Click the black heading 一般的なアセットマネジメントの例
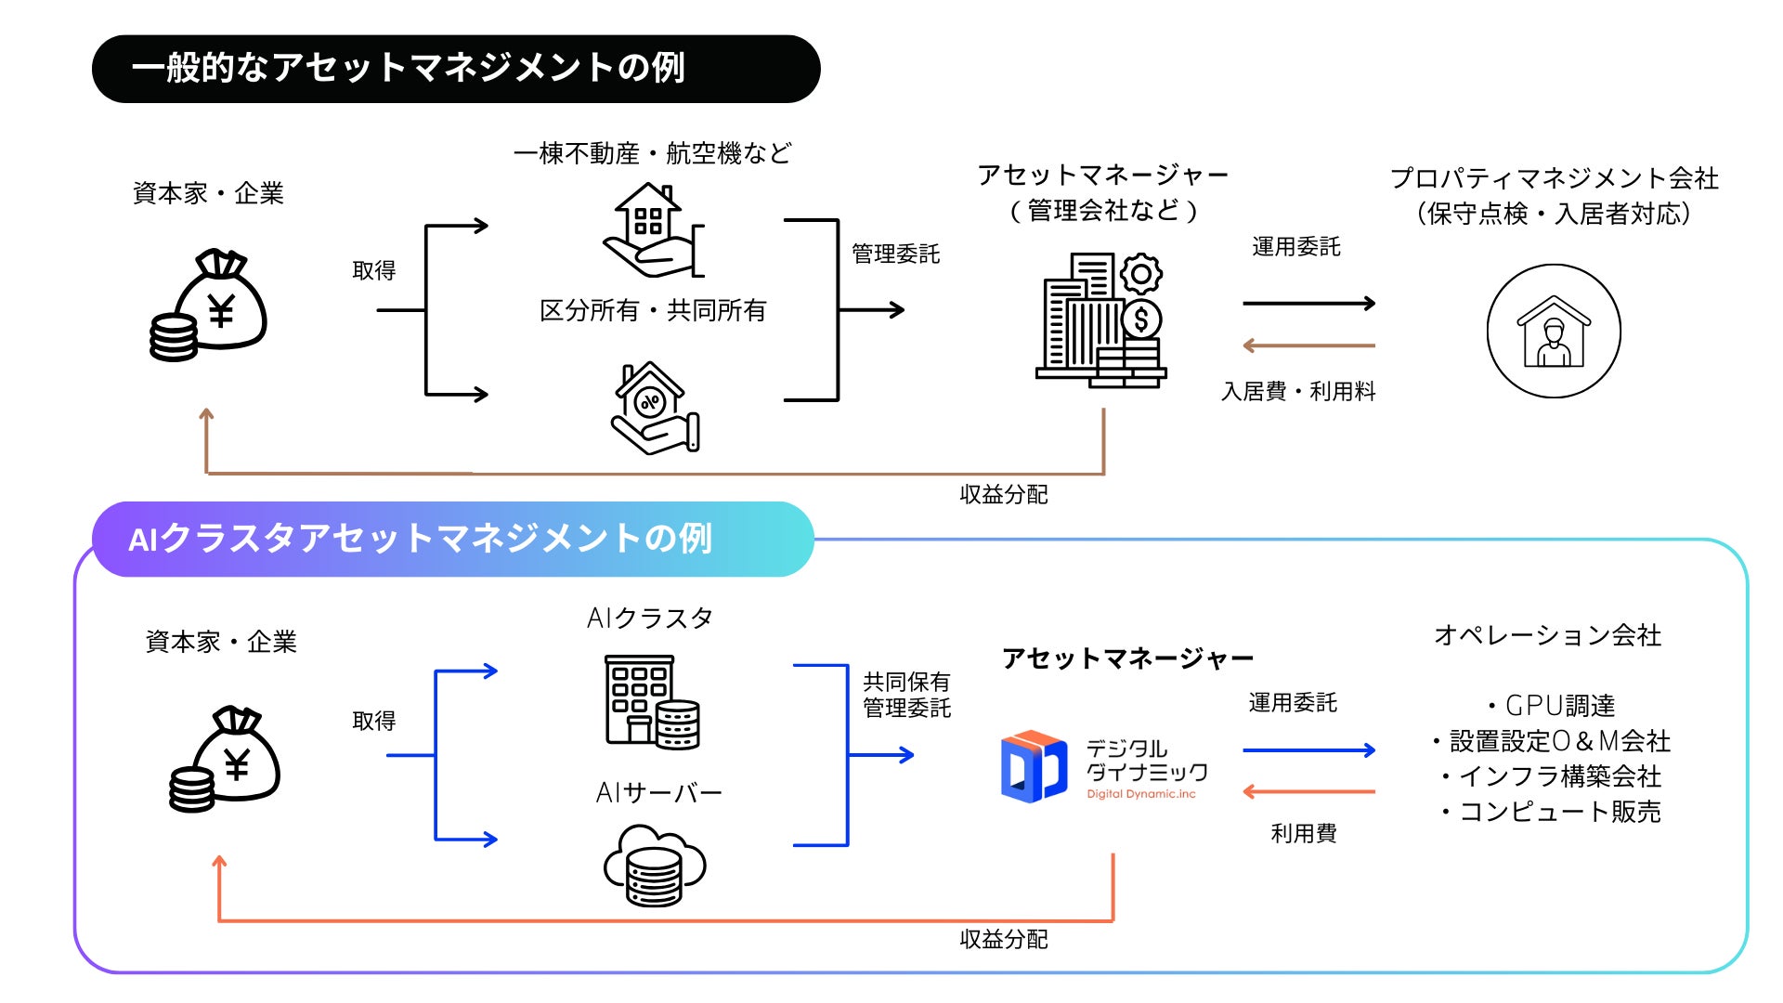pos(409,69)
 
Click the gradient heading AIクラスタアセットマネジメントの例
pos(421,539)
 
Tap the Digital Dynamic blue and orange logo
pos(1034,767)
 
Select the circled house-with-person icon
pos(1554,332)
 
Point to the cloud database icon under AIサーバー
pos(655,866)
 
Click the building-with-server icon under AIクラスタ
pos(652,701)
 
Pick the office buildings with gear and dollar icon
pos(1101,319)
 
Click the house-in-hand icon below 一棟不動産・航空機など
pos(654,230)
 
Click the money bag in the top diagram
pos(209,305)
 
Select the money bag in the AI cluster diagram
pos(224,759)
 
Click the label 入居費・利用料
pos(1298,392)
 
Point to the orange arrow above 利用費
pos(1308,792)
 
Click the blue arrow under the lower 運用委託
pos(1308,750)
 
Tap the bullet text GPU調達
pos(1551,706)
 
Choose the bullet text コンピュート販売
pos(1551,812)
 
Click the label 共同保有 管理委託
pos(906,695)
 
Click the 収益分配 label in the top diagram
pos(1004,495)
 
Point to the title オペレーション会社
pos(1547,635)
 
